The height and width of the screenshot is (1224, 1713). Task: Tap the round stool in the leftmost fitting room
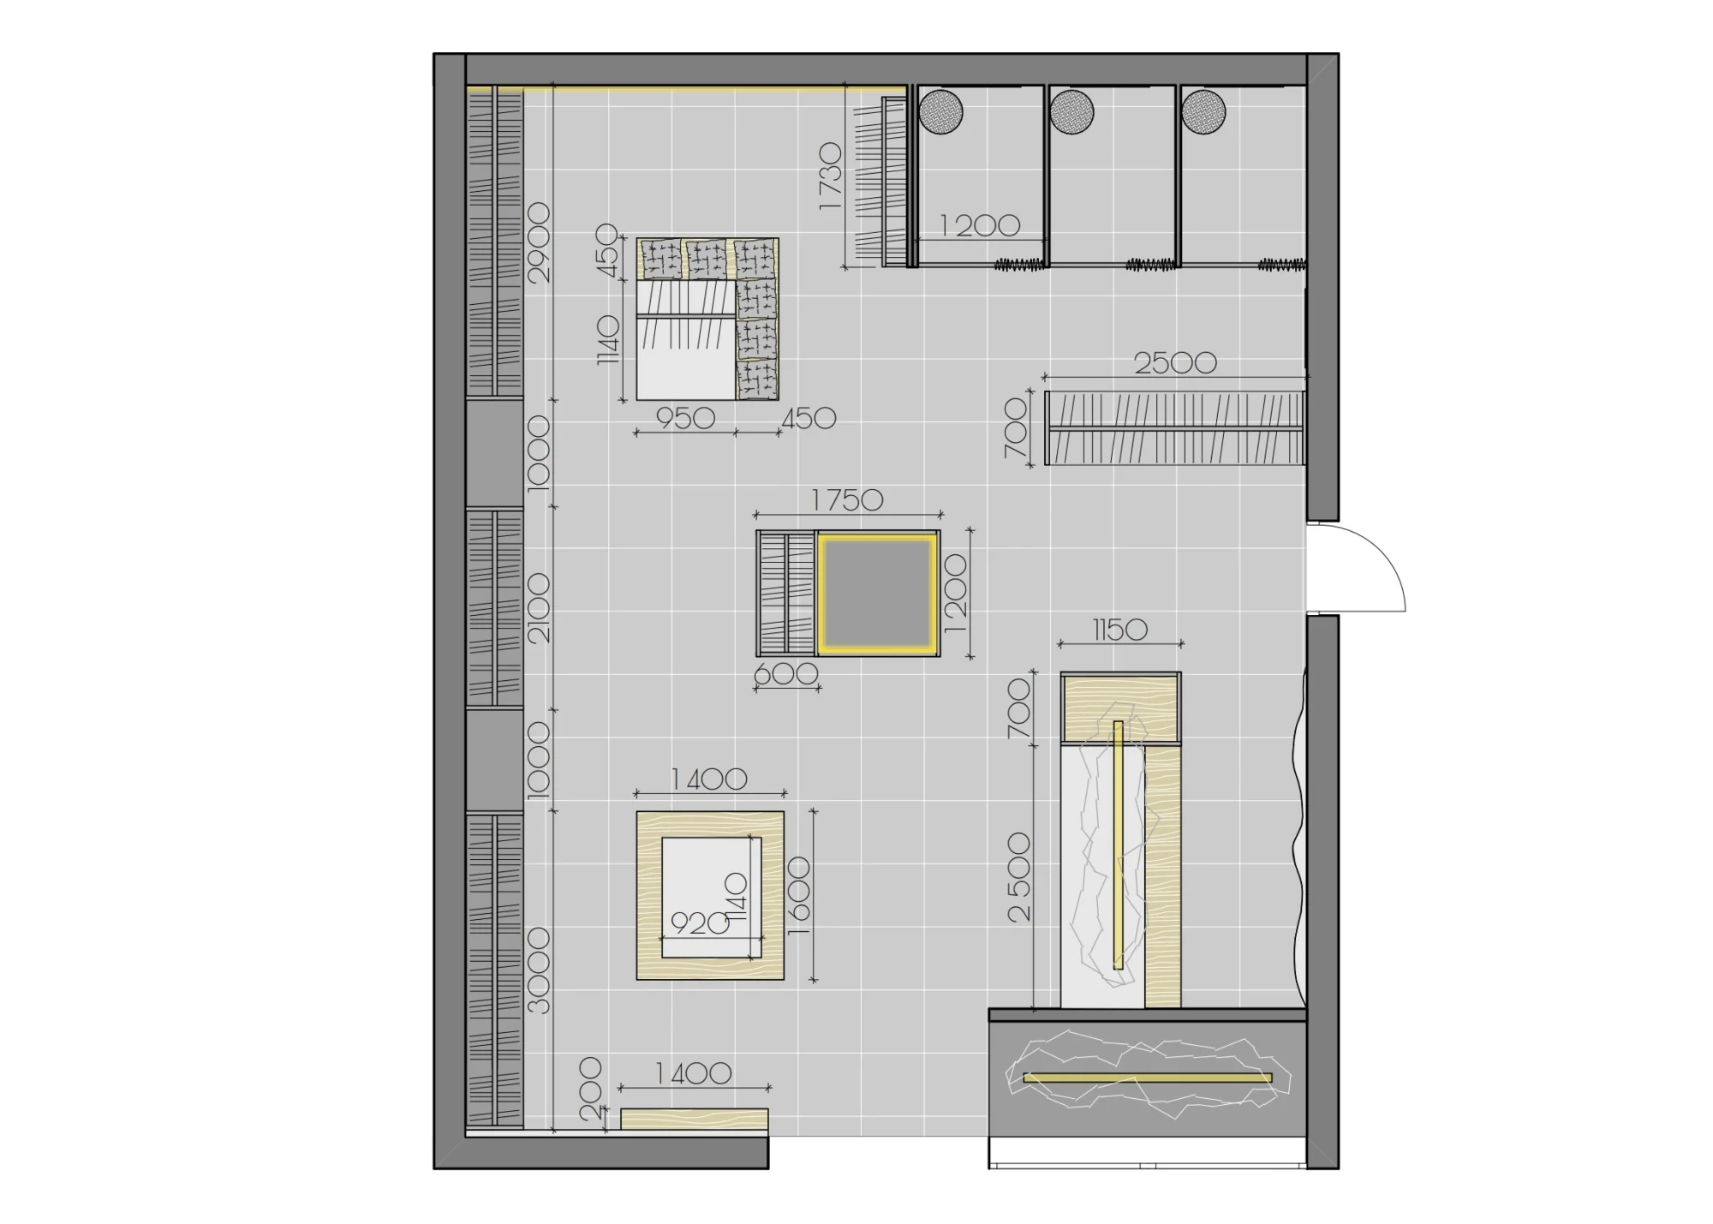tap(940, 111)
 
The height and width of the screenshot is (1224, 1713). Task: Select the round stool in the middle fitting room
tap(1071, 111)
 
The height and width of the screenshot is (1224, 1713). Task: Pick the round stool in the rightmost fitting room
tap(1203, 111)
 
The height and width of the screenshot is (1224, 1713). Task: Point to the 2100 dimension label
tap(540, 609)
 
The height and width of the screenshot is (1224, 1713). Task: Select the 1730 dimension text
tap(830, 177)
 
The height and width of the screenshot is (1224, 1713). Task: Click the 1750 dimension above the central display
tap(847, 500)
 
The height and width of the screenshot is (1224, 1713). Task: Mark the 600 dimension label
tap(786, 675)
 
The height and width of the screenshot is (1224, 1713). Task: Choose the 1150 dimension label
tap(1120, 630)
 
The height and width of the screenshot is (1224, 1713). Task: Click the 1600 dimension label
tap(797, 896)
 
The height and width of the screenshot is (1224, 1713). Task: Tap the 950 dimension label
tap(685, 418)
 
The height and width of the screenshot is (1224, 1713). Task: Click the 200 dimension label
tap(591, 1089)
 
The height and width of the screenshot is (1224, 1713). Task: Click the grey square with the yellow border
tap(877, 593)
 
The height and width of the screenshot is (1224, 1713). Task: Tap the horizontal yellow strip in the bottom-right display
tap(1148, 1078)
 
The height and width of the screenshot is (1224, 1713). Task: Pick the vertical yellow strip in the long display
tap(1118, 845)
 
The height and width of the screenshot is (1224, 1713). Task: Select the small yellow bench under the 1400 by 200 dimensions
tap(694, 1119)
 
